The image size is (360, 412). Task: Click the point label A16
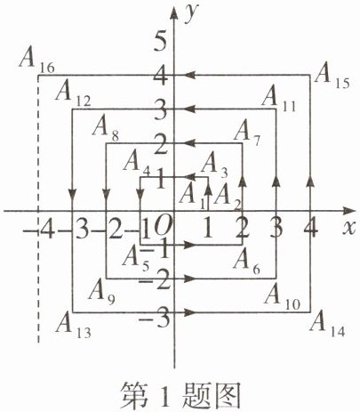pyautogui.click(x=36, y=60)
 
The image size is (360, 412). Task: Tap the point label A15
pyautogui.click(x=332, y=77)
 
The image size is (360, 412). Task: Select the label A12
pyautogui.click(x=73, y=93)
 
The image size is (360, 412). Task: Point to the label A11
pyautogui.click(x=279, y=98)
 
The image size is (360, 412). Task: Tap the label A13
pyautogui.click(x=73, y=326)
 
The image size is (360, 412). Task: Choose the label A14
pyautogui.click(x=327, y=324)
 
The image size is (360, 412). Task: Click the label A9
pyautogui.click(x=101, y=292)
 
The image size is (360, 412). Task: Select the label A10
pyautogui.click(x=282, y=296)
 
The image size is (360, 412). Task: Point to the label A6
pyautogui.click(x=246, y=262)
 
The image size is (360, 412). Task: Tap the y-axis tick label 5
pyautogui.click(x=162, y=42)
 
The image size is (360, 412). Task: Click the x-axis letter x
pyautogui.click(x=348, y=228)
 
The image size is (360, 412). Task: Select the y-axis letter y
pyautogui.click(x=191, y=14)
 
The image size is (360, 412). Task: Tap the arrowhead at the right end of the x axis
pyautogui.click(x=349, y=211)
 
